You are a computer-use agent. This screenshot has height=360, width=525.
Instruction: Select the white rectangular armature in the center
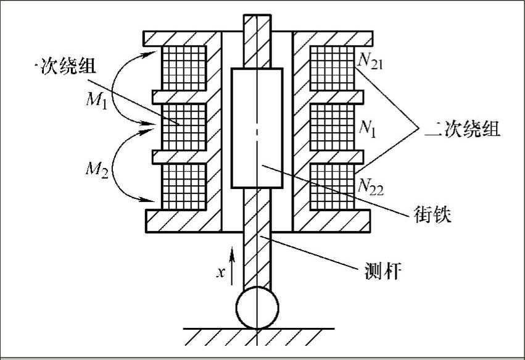coord(257,128)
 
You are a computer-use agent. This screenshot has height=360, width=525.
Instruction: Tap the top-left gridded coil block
coord(183,67)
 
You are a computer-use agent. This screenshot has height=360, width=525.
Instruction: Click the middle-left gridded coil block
coord(183,127)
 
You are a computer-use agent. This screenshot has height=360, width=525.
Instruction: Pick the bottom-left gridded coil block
coord(183,186)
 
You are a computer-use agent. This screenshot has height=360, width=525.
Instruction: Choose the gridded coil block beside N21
coord(333,67)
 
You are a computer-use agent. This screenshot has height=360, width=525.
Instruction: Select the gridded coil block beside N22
coord(333,186)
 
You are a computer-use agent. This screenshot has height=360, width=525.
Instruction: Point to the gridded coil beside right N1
coord(333,127)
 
